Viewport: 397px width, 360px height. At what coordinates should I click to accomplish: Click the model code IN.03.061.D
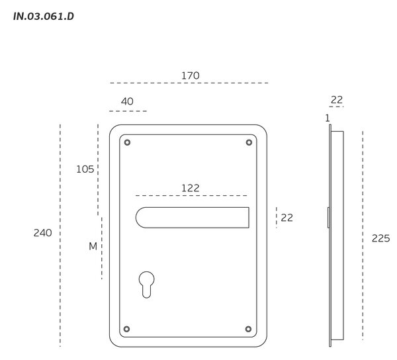pos(44,17)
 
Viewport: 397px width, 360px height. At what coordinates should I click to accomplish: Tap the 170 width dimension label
pos(191,75)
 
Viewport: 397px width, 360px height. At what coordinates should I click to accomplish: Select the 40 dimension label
pos(127,101)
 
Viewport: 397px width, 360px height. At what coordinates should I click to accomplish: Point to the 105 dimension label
pos(85,169)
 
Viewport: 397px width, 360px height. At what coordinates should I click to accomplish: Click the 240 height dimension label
pos(43,233)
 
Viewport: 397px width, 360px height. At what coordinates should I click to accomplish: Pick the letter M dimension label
pos(93,246)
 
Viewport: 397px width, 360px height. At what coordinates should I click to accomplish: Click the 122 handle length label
pos(191,188)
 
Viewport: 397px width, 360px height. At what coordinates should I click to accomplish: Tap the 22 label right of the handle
pos(287,218)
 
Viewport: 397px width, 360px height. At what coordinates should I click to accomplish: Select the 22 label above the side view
pos(337,100)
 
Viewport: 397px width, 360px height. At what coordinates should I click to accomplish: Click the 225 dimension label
pos(381,238)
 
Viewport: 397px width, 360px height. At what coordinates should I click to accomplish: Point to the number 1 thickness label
pos(328,118)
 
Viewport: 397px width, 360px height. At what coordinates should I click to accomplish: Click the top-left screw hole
pos(127,142)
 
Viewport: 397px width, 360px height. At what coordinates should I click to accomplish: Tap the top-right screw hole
pos(249,142)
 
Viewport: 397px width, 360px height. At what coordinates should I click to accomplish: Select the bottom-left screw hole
pos(127,329)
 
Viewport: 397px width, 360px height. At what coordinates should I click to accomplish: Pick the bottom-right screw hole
pos(248,329)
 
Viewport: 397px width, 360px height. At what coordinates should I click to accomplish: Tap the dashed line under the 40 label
pos(128,111)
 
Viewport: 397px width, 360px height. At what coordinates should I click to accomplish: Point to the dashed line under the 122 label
pos(191,195)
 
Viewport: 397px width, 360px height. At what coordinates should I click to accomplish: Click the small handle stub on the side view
pos(328,218)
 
